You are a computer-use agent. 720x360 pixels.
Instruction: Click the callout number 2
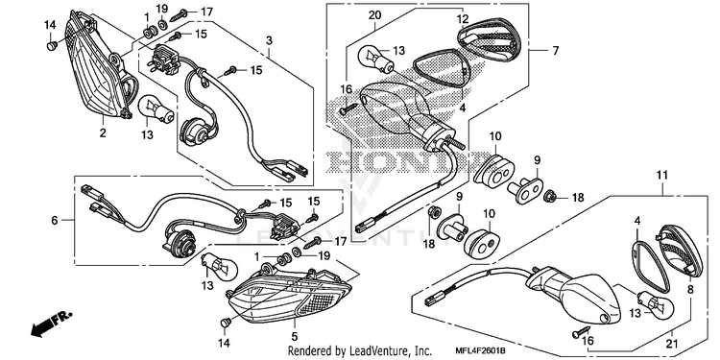[103, 133]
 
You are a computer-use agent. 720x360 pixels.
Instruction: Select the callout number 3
[269, 40]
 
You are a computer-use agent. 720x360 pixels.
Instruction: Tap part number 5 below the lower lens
[295, 337]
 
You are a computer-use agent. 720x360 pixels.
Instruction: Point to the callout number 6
[55, 221]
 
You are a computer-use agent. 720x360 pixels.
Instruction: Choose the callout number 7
[556, 51]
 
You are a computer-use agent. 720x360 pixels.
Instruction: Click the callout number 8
[690, 290]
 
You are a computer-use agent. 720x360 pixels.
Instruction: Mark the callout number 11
[662, 175]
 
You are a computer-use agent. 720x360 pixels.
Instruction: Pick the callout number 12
[463, 19]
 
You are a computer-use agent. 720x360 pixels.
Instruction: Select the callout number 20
[374, 15]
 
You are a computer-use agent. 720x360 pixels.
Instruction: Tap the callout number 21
[672, 344]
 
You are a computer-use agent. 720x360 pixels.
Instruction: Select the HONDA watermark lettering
[406, 161]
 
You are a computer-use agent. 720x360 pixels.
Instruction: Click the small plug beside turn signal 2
[52, 45]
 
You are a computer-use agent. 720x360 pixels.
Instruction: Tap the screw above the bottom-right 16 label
[581, 332]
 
